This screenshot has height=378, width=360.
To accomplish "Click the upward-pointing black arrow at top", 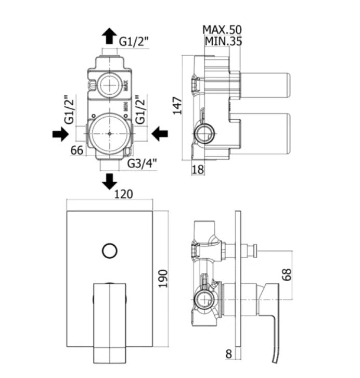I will pyautogui.click(x=109, y=36).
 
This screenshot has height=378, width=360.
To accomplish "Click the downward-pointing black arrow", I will pyautogui.click(x=109, y=182).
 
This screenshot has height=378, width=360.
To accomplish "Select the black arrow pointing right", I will pyautogui.click(x=59, y=134).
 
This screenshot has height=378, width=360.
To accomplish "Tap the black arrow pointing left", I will pyautogui.click(x=160, y=134).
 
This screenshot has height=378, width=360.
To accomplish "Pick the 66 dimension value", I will pyautogui.click(x=78, y=151).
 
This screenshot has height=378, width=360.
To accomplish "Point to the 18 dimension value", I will pyautogui.click(x=198, y=169).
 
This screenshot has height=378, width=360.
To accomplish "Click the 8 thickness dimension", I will pyautogui.click(x=228, y=354).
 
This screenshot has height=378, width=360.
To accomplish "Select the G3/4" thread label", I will pyautogui.click(x=142, y=164).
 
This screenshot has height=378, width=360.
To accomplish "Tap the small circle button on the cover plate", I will pyautogui.click(x=109, y=251).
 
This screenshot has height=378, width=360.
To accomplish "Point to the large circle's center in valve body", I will pyautogui.click(x=109, y=133).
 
